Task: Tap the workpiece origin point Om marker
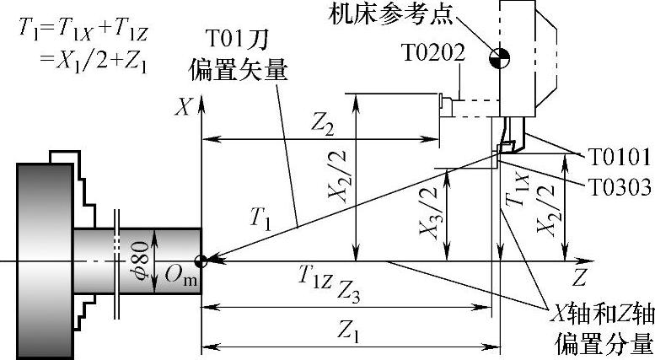201,261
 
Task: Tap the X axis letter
180,106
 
